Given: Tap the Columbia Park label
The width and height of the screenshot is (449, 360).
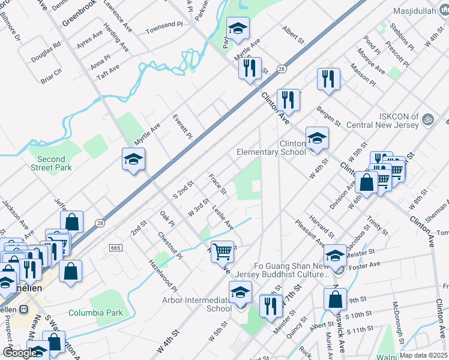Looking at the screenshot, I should (95, 313).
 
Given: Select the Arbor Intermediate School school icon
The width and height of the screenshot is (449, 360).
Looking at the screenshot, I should (240, 293).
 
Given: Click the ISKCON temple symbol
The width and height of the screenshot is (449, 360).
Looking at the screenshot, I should (427, 118).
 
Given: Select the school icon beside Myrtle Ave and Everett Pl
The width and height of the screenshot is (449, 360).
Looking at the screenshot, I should (134, 160).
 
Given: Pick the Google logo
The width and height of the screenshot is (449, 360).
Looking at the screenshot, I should (19, 353).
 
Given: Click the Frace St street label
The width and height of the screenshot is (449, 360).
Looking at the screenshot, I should (217, 184).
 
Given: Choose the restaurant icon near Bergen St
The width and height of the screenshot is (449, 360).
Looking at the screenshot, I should (328, 80).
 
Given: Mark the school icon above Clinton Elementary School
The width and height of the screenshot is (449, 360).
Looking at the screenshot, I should (317, 139).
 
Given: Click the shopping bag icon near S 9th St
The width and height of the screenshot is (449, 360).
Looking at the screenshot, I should (335, 299).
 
